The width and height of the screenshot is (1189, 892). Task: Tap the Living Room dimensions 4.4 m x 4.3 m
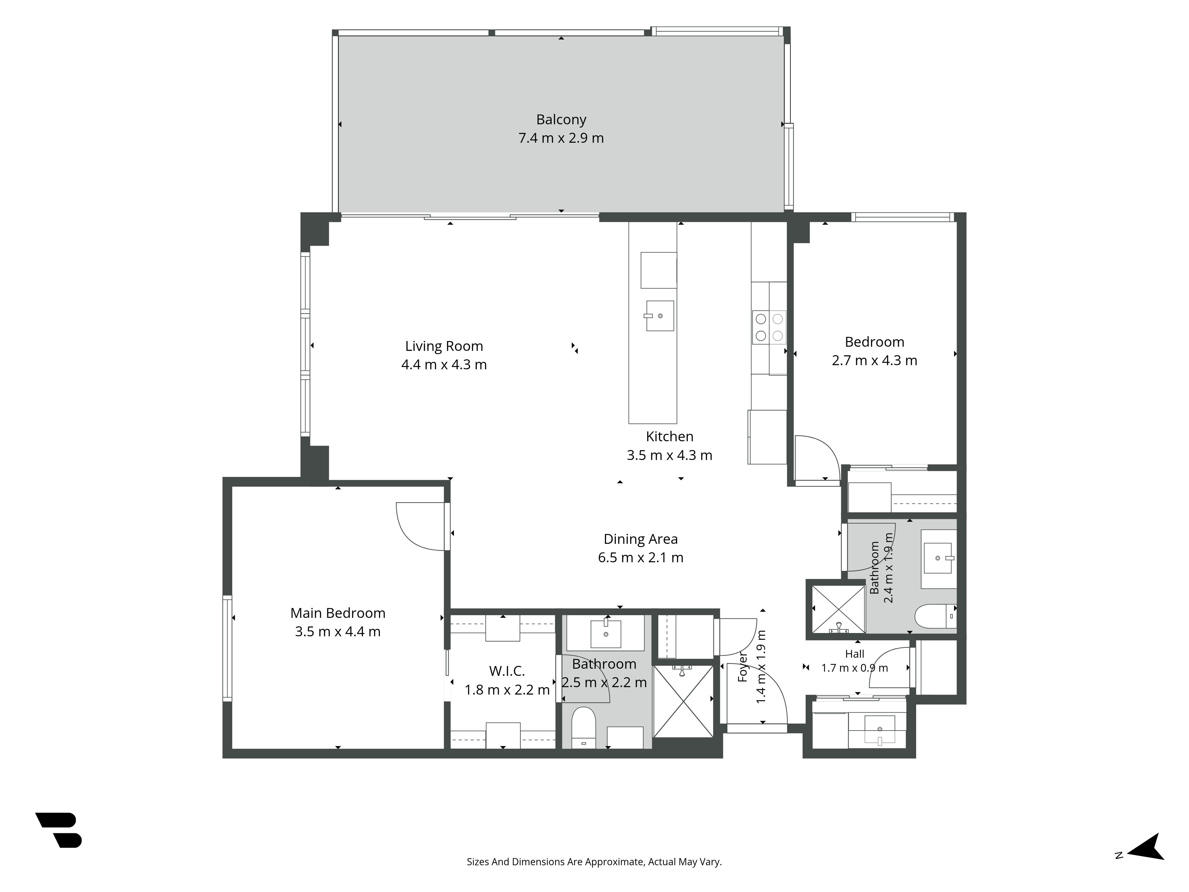tap(444, 365)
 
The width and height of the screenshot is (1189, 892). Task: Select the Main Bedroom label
tap(338, 613)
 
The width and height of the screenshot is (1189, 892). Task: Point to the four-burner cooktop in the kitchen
tap(769, 327)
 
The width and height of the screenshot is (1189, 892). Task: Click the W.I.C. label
tap(507, 671)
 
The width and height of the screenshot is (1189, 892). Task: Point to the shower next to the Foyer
tap(683, 701)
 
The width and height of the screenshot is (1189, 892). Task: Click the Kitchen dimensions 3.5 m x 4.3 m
tap(669, 456)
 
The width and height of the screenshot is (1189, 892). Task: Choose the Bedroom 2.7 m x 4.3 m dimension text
tap(875, 360)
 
